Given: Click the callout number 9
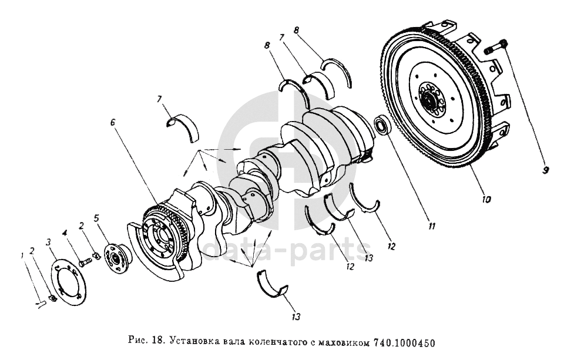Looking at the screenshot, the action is pyautogui.click(x=545, y=170).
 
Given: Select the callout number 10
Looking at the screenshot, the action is pyautogui.click(x=487, y=199).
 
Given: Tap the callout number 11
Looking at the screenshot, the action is pyautogui.click(x=432, y=227).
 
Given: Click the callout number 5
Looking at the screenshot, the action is pyautogui.click(x=96, y=219).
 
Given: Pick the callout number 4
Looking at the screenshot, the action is pyautogui.click(x=65, y=232).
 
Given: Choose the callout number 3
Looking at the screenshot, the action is pyautogui.click(x=48, y=242).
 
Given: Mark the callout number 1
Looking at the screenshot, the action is pyautogui.click(x=22, y=255).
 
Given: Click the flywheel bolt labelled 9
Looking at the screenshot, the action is pyautogui.click(x=495, y=47).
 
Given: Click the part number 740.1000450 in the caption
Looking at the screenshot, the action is pyautogui.click(x=405, y=343).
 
